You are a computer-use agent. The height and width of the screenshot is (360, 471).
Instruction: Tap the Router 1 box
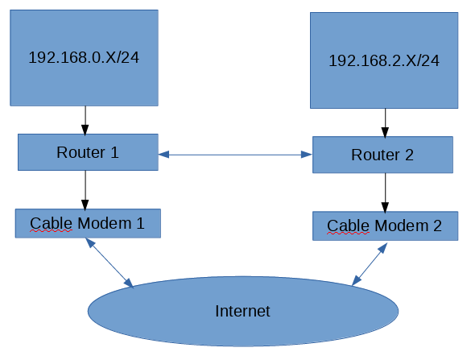[87, 152]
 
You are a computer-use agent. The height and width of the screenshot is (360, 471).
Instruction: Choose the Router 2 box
[382, 155]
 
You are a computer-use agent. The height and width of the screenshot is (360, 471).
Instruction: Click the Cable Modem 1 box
[87, 223]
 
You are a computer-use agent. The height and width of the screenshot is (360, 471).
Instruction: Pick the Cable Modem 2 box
[384, 226]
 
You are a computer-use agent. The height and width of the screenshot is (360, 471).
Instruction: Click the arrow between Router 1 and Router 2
[235, 153]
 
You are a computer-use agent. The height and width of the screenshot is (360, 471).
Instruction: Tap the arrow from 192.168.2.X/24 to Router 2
[385, 122]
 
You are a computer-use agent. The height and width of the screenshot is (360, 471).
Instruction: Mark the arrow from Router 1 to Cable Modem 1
[85, 189]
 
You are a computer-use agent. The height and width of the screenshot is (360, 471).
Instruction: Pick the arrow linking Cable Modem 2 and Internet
[369, 263]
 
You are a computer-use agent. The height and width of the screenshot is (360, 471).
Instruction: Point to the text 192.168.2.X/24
[383, 60]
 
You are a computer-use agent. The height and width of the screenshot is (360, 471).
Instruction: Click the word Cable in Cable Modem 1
[50, 223]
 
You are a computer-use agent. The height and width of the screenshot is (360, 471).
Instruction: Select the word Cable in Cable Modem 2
[347, 226]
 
